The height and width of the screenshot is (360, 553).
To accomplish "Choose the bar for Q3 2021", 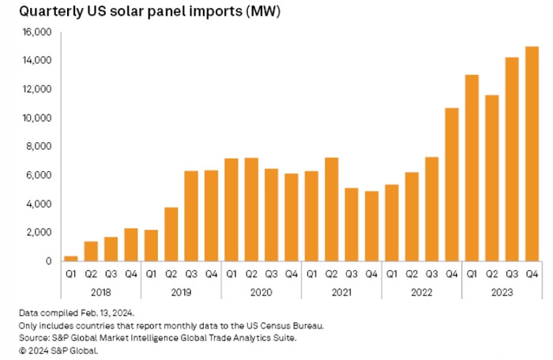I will click(351, 225).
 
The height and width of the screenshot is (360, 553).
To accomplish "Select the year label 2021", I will click(340, 290).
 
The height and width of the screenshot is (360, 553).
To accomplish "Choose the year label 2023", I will click(502, 290).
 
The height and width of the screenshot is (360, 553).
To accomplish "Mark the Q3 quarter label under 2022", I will click(431, 275).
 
